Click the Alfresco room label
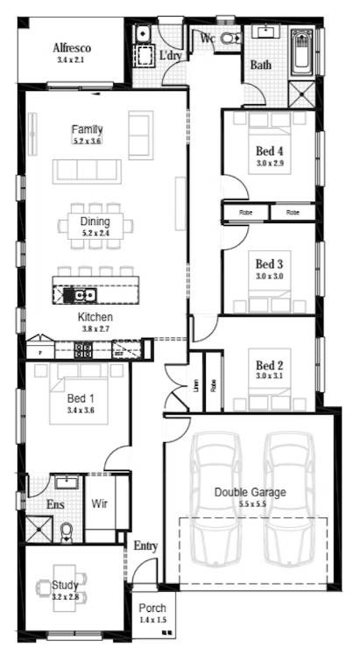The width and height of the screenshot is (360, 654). pos(73,47)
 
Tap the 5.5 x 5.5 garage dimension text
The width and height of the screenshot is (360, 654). pos(250,504)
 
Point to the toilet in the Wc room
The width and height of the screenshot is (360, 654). pos(230,39)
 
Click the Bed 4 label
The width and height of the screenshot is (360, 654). pos(269,150)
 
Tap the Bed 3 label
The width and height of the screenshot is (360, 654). pos(269,263)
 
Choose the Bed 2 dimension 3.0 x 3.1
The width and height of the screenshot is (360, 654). pos(269,376)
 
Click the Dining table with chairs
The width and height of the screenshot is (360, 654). pos(95,226)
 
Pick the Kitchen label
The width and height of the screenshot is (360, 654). pos(95,317)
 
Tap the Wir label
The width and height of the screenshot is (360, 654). pos(100,504)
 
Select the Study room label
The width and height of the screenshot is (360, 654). pos(65,585)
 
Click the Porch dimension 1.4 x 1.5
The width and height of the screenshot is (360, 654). pos(152,620)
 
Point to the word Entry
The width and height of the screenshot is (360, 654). pos(145,546)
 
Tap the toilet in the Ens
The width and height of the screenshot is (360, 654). pos(66,531)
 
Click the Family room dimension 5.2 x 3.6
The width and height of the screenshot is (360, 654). pos(87,141)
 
